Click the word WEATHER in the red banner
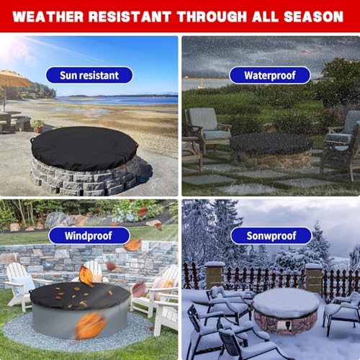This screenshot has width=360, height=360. (x=48, y=17)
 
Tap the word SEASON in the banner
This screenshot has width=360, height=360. (x=313, y=17)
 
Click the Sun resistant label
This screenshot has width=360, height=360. (x=89, y=76)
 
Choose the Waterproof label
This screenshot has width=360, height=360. (x=270, y=76)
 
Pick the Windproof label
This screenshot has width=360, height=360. (x=89, y=235)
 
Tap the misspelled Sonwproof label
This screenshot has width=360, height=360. (x=271, y=235)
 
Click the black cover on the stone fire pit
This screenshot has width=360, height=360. (x=84, y=148)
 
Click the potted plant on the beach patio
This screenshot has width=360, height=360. (x=38, y=126)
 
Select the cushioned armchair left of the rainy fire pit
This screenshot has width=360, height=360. (x=207, y=130)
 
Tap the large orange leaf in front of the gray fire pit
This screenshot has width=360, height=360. (x=91, y=326)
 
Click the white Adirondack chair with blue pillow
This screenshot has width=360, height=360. (x=20, y=286)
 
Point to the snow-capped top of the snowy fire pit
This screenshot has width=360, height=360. (x=286, y=302)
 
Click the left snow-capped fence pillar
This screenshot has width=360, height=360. (x=215, y=275)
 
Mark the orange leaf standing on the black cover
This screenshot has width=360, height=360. (x=86, y=276)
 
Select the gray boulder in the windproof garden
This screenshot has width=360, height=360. (x=57, y=220)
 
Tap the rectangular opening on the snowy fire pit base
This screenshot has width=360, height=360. (x=282, y=325)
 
